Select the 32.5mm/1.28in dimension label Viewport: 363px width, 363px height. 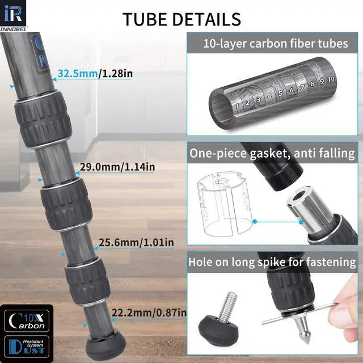pos(94,73)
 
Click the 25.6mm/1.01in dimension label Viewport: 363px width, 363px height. pos(136,243)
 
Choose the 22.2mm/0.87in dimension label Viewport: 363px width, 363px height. pos(149,313)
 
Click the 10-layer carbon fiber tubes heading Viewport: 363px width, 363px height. pos(275,43)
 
